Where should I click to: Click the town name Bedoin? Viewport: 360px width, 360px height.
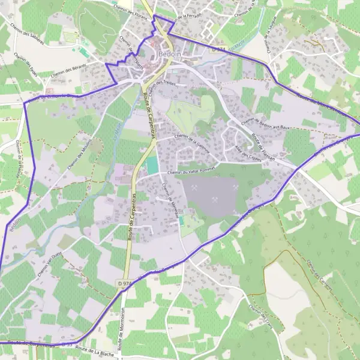pyautogui.click(x=170, y=54)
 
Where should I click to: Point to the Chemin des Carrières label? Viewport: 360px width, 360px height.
pyautogui.click(x=319, y=274)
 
